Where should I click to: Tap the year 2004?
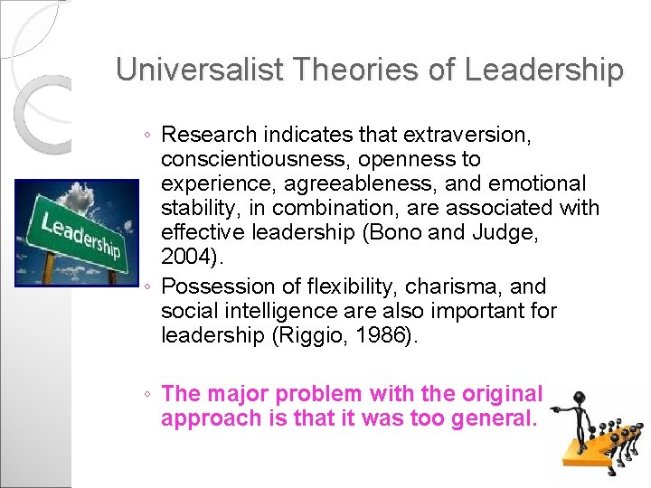point(187,258)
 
